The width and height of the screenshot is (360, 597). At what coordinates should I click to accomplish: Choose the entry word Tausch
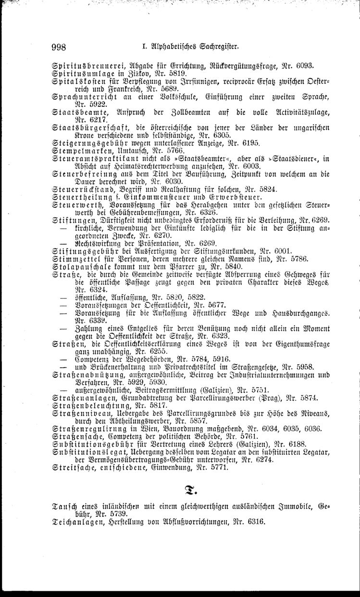pyautogui.click(x=65, y=507)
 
